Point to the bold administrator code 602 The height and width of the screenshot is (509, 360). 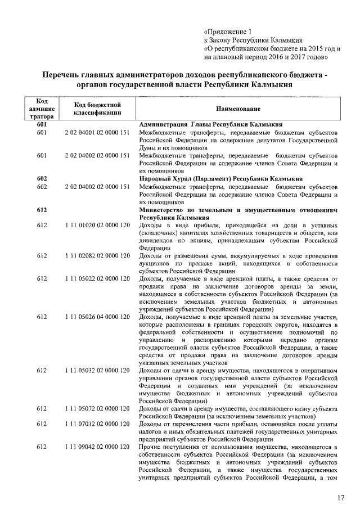tap(41, 178)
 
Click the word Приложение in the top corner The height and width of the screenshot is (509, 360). tap(227, 32)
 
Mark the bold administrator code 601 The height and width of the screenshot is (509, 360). tap(41, 124)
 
